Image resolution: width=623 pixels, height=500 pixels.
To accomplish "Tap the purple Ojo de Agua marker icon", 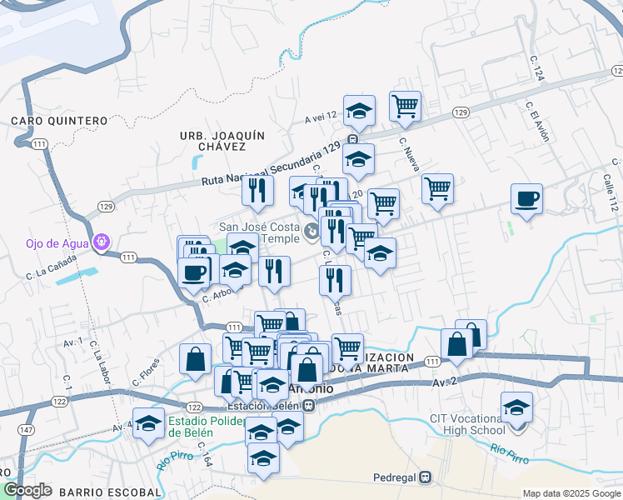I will pos(103,242).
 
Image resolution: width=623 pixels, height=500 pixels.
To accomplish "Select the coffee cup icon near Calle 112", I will pos(526,199).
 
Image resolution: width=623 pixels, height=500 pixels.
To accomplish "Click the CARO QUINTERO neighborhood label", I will pos(59,121).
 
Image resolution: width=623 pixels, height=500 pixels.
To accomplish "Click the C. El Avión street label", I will pos(537,122).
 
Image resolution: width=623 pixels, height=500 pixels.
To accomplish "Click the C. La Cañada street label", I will pos(52,264).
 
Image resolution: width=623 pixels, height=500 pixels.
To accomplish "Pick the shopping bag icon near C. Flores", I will pos(195,359).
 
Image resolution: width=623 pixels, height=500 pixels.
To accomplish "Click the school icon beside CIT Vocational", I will pos(517,408).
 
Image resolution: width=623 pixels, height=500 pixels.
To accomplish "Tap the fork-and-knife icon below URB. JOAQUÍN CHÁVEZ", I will pos(258,190).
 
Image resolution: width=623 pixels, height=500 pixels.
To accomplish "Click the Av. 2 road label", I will pos(444,382).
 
